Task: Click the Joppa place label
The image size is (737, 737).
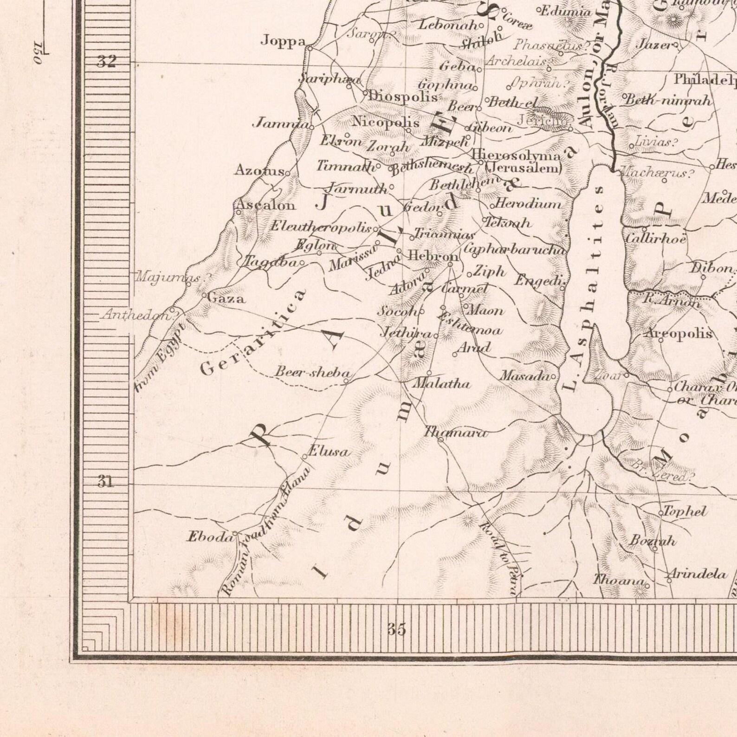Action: [283, 41]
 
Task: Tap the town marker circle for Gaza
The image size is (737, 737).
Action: [204, 295]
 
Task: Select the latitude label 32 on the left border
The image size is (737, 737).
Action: [106, 61]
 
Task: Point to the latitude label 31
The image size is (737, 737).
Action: [105, 482]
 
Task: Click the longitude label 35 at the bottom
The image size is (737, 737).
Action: [397, 629]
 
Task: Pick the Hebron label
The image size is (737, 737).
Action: [433, 256]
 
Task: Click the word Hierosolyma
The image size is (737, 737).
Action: [516, 156]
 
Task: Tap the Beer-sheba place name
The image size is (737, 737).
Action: [312, 373]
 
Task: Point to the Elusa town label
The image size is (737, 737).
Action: [329, 452]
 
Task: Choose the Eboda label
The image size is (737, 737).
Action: [209, 537]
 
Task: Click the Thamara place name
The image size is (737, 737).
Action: [455, 433]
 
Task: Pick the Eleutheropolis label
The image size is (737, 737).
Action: [321, 227]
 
